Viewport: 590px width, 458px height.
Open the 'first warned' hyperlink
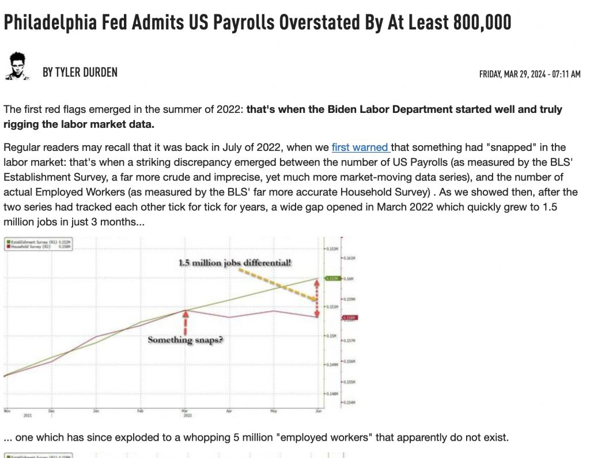click(x=360, y=147)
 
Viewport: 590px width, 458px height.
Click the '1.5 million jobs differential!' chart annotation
click(x=235, y=263)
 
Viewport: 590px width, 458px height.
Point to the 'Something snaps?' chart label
click(x=185, y=339)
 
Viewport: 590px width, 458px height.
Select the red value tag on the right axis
click(x=349, y=318)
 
